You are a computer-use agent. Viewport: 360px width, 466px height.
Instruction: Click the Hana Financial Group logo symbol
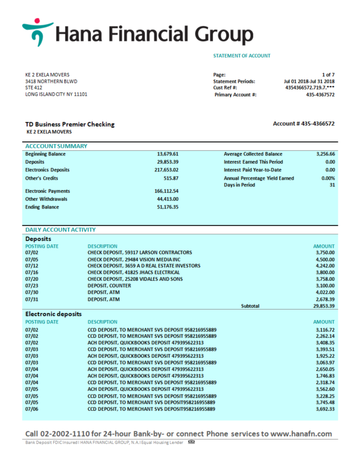[x=36, y=32]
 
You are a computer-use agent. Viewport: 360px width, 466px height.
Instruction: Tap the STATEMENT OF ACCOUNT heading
[x=242, y=56]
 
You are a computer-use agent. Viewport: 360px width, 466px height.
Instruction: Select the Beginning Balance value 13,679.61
[x=168, y=154]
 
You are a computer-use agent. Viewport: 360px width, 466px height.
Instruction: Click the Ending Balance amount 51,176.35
[x=168, y=207]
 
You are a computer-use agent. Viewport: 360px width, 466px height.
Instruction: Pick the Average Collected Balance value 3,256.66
[x=324, y=154]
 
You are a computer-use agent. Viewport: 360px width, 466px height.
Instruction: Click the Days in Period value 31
[x=332, y=185]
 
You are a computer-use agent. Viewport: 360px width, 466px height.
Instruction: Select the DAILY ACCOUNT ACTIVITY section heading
[x=60, y=229]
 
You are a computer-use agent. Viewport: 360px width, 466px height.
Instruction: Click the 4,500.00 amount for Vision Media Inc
[x=325, y=259]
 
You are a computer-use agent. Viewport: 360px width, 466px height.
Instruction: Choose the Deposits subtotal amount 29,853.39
[x=324, y=306]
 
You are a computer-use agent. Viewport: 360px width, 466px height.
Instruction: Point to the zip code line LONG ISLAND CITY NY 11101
[x=56, y=95]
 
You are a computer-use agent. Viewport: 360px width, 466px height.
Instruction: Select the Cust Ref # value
[x=310, y=88]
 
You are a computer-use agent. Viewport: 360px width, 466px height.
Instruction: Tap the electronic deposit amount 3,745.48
[x=325, y=402]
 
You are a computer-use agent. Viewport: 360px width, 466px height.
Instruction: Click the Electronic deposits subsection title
[x=54, y=314]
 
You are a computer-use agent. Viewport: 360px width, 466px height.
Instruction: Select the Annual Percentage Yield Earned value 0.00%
[x=328, y=179]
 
